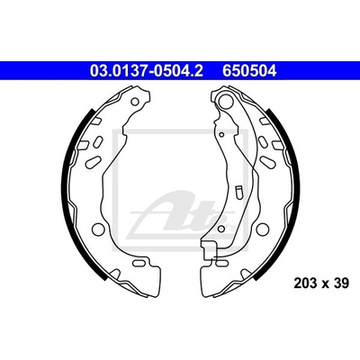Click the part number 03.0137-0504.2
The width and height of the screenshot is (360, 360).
pos(147,71)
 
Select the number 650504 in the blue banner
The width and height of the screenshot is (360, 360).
pos(249,71)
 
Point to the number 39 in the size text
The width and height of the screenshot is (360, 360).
pos(341,283)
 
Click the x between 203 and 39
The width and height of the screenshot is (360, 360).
pos(325,284)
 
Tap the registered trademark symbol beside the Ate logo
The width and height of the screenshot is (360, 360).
pos(232,229)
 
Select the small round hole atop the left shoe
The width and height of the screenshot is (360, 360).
pos(135,102)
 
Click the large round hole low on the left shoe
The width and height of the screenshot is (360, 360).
pos(97,229)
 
